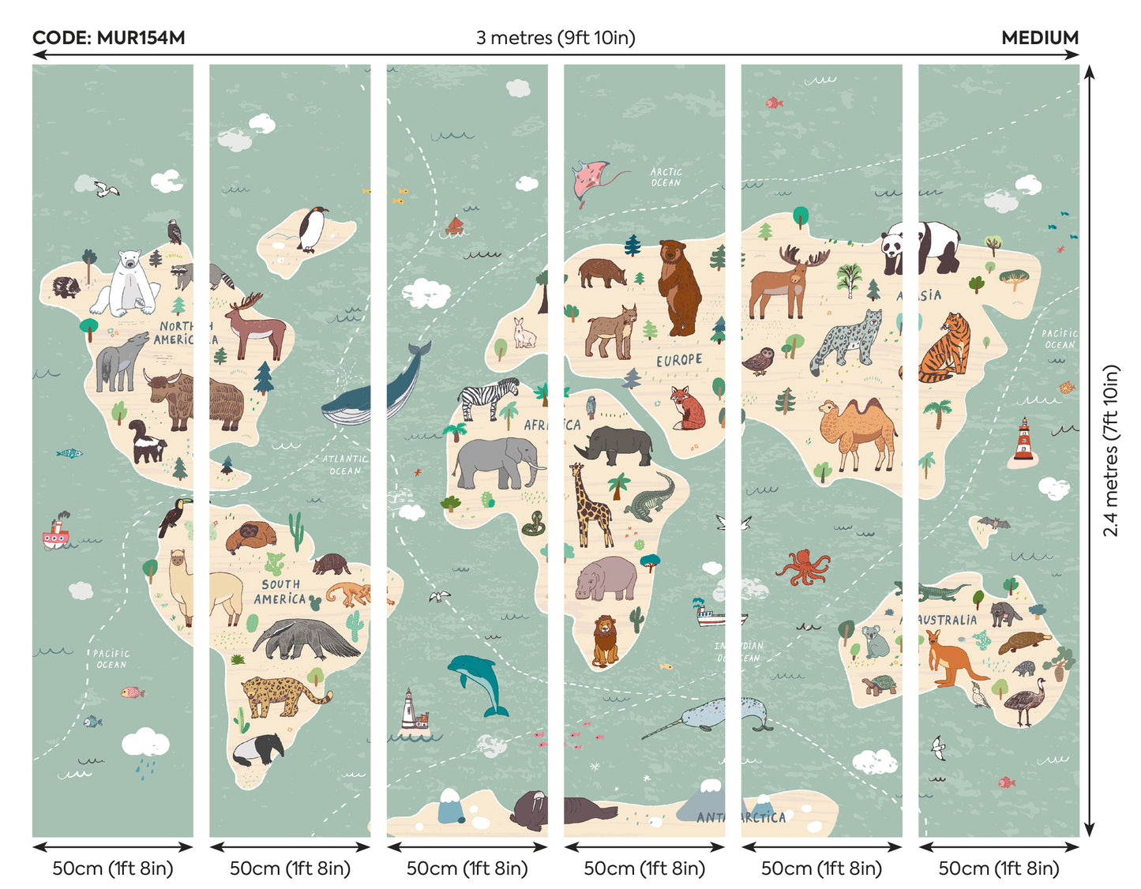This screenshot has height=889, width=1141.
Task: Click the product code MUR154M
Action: point(109,38)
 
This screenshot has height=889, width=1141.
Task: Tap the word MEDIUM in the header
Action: point(1039,38)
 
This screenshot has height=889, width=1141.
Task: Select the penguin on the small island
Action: point(313,229)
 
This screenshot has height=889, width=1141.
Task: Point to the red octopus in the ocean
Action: point(804,567)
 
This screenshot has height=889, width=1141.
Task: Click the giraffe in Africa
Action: point(591,505)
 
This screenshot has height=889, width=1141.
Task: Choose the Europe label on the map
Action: point(679,360)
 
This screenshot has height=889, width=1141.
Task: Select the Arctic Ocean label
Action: point(666,177)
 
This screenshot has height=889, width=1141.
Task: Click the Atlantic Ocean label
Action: point(345,464)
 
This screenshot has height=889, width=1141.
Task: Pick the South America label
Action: point(280,591)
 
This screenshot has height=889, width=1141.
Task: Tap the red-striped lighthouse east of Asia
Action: point(1023,441)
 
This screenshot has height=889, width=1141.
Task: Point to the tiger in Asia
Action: point(946,349)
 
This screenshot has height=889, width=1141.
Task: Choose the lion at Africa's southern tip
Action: point(606,640)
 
